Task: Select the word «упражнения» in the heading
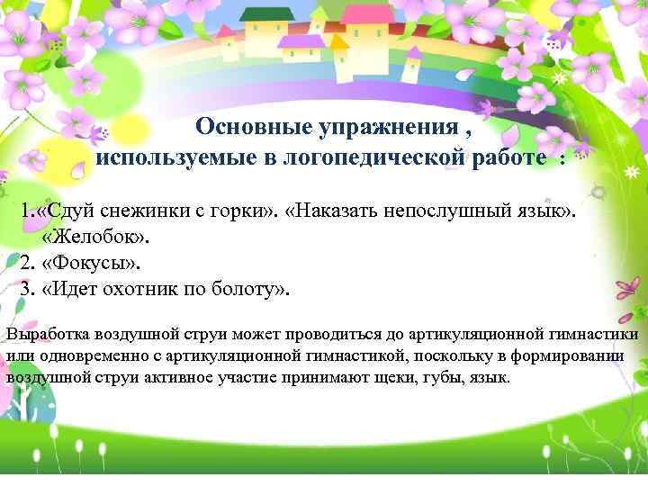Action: click(385, 127)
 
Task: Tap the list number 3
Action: click(26, 289)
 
